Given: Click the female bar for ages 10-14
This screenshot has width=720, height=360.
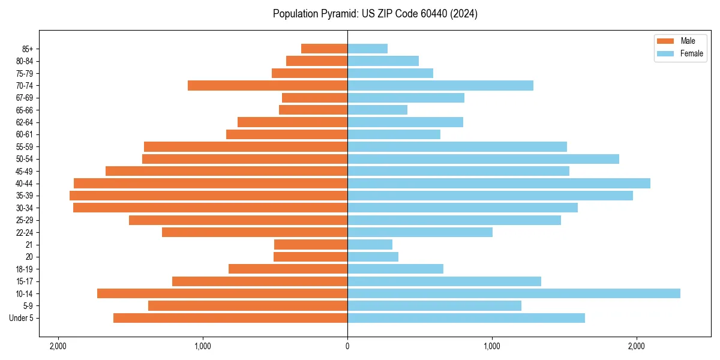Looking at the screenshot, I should pyautogui.click(x=514, y=293).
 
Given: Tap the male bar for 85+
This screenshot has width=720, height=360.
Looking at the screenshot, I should pyautogui.click(x=324, y=49).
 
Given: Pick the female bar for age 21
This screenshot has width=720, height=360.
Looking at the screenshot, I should pyautogui.click(x=370, y=244).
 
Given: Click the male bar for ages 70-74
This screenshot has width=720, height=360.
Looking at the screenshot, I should pyautogui.click(x=268, y=85).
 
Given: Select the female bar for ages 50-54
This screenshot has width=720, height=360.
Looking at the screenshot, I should pyautogui.click(x=483, y=159).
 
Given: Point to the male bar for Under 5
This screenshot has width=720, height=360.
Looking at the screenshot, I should pyautogui.click(x=230, y=318).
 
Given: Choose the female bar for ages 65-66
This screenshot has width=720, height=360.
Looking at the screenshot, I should pyautogui.click(x=377, y=110).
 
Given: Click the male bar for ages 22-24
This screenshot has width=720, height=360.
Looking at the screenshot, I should pyautogui.click(x=254, y=232).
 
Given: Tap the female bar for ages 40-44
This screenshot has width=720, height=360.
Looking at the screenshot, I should pyautogui.click(x=499, y=183).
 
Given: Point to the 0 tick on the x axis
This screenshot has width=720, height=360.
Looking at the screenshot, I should pyautogui.click(x=347, y=346).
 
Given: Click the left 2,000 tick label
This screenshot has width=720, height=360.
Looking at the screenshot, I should pyautogui.click(x=58, y=346).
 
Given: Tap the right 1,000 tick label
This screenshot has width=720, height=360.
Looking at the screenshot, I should pyautogui.click(x=492, y=346).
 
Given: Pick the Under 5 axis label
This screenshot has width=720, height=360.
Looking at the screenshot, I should pyautogui.click(x=22, y=318).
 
